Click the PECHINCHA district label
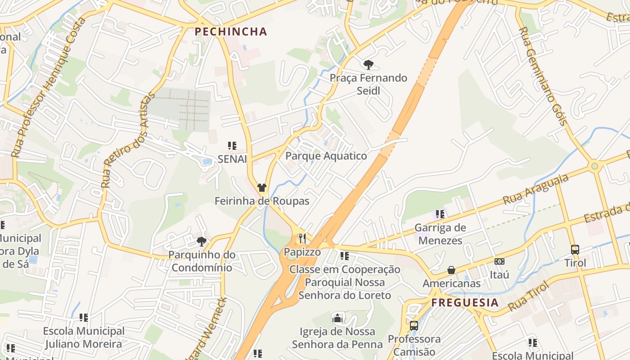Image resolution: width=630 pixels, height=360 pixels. pyautogui.click(x=231, y=32)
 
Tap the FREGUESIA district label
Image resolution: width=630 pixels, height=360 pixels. pyautogui.click(x=465, y=302)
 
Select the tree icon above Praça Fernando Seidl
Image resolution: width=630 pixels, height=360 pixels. pyautogui.click(x=369, y=65)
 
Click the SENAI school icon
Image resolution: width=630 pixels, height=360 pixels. pyautogui.click(x=232, y=146)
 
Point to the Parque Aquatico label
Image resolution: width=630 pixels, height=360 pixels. pyautogui.click(x=326, y=156)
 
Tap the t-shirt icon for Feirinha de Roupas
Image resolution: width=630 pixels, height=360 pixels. pyautogui.click(x=262, y=188)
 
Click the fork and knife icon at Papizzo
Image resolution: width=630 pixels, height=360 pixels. pyautogui.click(x=302, y=238)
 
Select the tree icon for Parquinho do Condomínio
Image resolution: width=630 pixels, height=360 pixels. pyautogui.click(x=202, y=242)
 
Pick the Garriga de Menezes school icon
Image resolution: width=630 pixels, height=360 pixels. pyautogui.click(x=440, y=214)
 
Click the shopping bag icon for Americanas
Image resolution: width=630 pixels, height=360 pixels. pyautogui.click(x=451, y=270)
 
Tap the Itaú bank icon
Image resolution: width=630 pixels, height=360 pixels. pyautogui.click(x=499, y=261)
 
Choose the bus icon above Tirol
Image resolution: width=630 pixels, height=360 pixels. pyautogui.click(x=575, y=249)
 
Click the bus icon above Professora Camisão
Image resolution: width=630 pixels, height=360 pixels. pyautogui.click(x=414, y=325)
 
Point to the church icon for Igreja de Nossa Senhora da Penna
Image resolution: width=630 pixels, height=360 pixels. pyautogui.click(x=337, y=318)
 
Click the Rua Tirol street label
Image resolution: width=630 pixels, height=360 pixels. pyautogui.click(x=529, y=297)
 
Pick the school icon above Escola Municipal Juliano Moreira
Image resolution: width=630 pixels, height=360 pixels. pyautogui.click(x=83, y=318)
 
